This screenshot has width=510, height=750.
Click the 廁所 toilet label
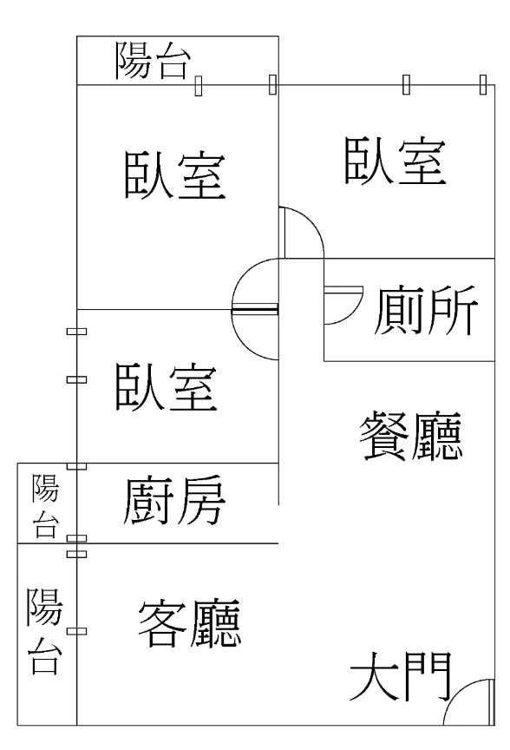[425, 311]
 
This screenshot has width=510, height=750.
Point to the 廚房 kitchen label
[174, 500]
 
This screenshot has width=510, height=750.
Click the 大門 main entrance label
[401, 676]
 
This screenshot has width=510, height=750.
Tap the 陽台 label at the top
[153, 60]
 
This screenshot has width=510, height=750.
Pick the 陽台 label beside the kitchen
[45, 505]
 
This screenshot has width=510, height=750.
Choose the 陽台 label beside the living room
[44, 631]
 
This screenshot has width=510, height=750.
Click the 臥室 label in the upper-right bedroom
[396, 161]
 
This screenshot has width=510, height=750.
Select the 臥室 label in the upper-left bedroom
[175, 174]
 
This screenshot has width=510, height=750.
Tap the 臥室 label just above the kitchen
[167, 386]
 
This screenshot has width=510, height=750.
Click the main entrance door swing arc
[461, 694]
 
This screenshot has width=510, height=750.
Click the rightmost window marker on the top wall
[483, 85]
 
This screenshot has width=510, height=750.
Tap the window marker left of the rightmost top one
[406, 85]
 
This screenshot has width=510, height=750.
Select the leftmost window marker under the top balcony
[199, 86]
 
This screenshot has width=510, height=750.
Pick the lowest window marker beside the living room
[76, 631]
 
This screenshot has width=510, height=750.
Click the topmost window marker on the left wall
[76, 331]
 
